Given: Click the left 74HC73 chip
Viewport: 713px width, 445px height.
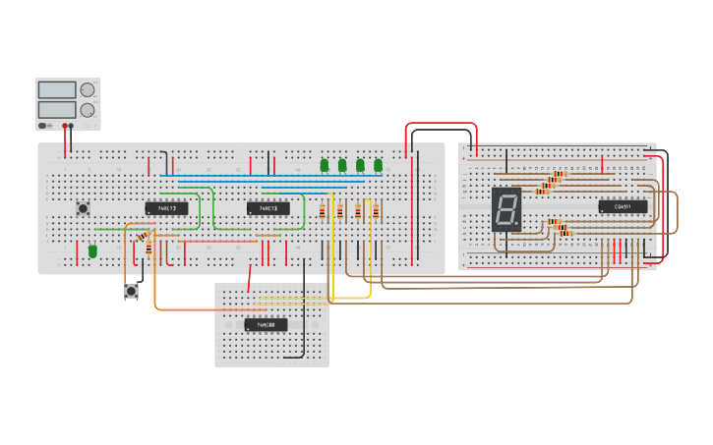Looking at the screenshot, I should pyautogui.click(x=166, y=208).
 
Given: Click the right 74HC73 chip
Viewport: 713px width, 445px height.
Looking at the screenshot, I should pyautogui.click(x=268, y=208).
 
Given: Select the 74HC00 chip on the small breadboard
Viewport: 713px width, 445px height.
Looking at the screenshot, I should pyautogui.click(x=266, y=324).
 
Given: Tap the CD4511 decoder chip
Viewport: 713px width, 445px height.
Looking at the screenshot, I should pyautogui.click(x=623, y=206).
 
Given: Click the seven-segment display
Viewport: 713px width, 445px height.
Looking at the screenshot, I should pyautogui.click(x=505, y=209).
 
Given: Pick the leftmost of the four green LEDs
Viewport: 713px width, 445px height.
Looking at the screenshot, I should pyautogui.click(x=325, y=165).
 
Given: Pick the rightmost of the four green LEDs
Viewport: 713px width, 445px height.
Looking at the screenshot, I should pyautogui.click(x=378, y=165).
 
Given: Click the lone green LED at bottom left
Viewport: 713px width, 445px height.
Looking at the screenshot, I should pyautogui.click(x=92, y=251).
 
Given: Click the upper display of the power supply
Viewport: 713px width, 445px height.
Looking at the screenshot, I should pyautogui.click(x=56, y=89).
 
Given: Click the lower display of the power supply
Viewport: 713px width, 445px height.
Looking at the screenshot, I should pyautogui.click(x=56, y=109).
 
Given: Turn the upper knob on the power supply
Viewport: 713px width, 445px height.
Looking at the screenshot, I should pyautogui.click(x=88, y=89).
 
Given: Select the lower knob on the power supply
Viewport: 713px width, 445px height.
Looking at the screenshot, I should pyautogui.click(x=88, y=110).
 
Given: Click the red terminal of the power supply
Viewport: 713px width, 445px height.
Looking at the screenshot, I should pyautogui.click(x=65, y=126).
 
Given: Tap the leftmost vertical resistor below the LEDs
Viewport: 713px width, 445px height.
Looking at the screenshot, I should pyautogui.click(x=323, y=211).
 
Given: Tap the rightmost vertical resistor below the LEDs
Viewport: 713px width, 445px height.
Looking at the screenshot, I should pyautogui.click(x=376, y=211).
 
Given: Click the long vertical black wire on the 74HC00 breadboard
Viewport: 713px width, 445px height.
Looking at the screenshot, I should pyautogui.click(x=304, y=295).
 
